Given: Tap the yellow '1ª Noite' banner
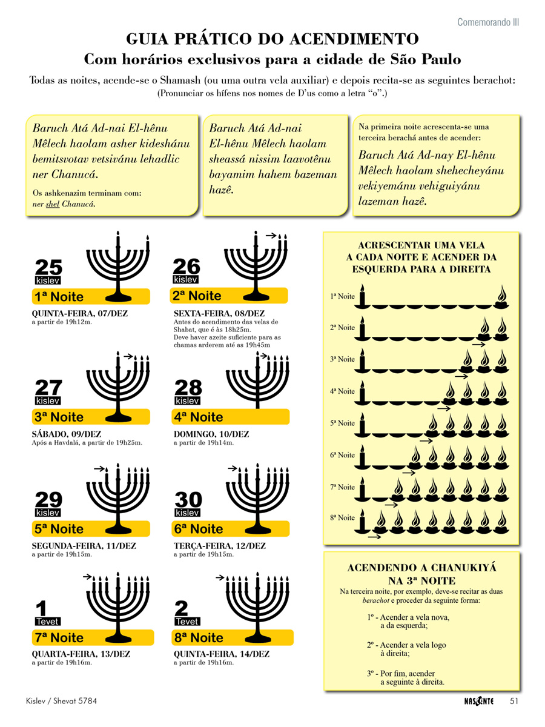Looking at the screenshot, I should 90,297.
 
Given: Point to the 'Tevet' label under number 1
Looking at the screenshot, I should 48,622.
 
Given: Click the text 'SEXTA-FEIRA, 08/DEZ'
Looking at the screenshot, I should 219,313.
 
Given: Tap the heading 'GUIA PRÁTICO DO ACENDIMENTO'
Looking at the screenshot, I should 272,39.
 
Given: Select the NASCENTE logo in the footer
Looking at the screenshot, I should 475,701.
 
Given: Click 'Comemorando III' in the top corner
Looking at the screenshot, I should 488,22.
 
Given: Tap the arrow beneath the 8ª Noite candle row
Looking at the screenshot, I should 374,536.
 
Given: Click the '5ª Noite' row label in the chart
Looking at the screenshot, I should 343,423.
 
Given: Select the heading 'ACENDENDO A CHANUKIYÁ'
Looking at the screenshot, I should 422,568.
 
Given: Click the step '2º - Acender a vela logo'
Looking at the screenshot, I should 406,645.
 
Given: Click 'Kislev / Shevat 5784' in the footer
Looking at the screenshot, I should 62,701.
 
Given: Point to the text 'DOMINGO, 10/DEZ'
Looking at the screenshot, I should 211,434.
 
